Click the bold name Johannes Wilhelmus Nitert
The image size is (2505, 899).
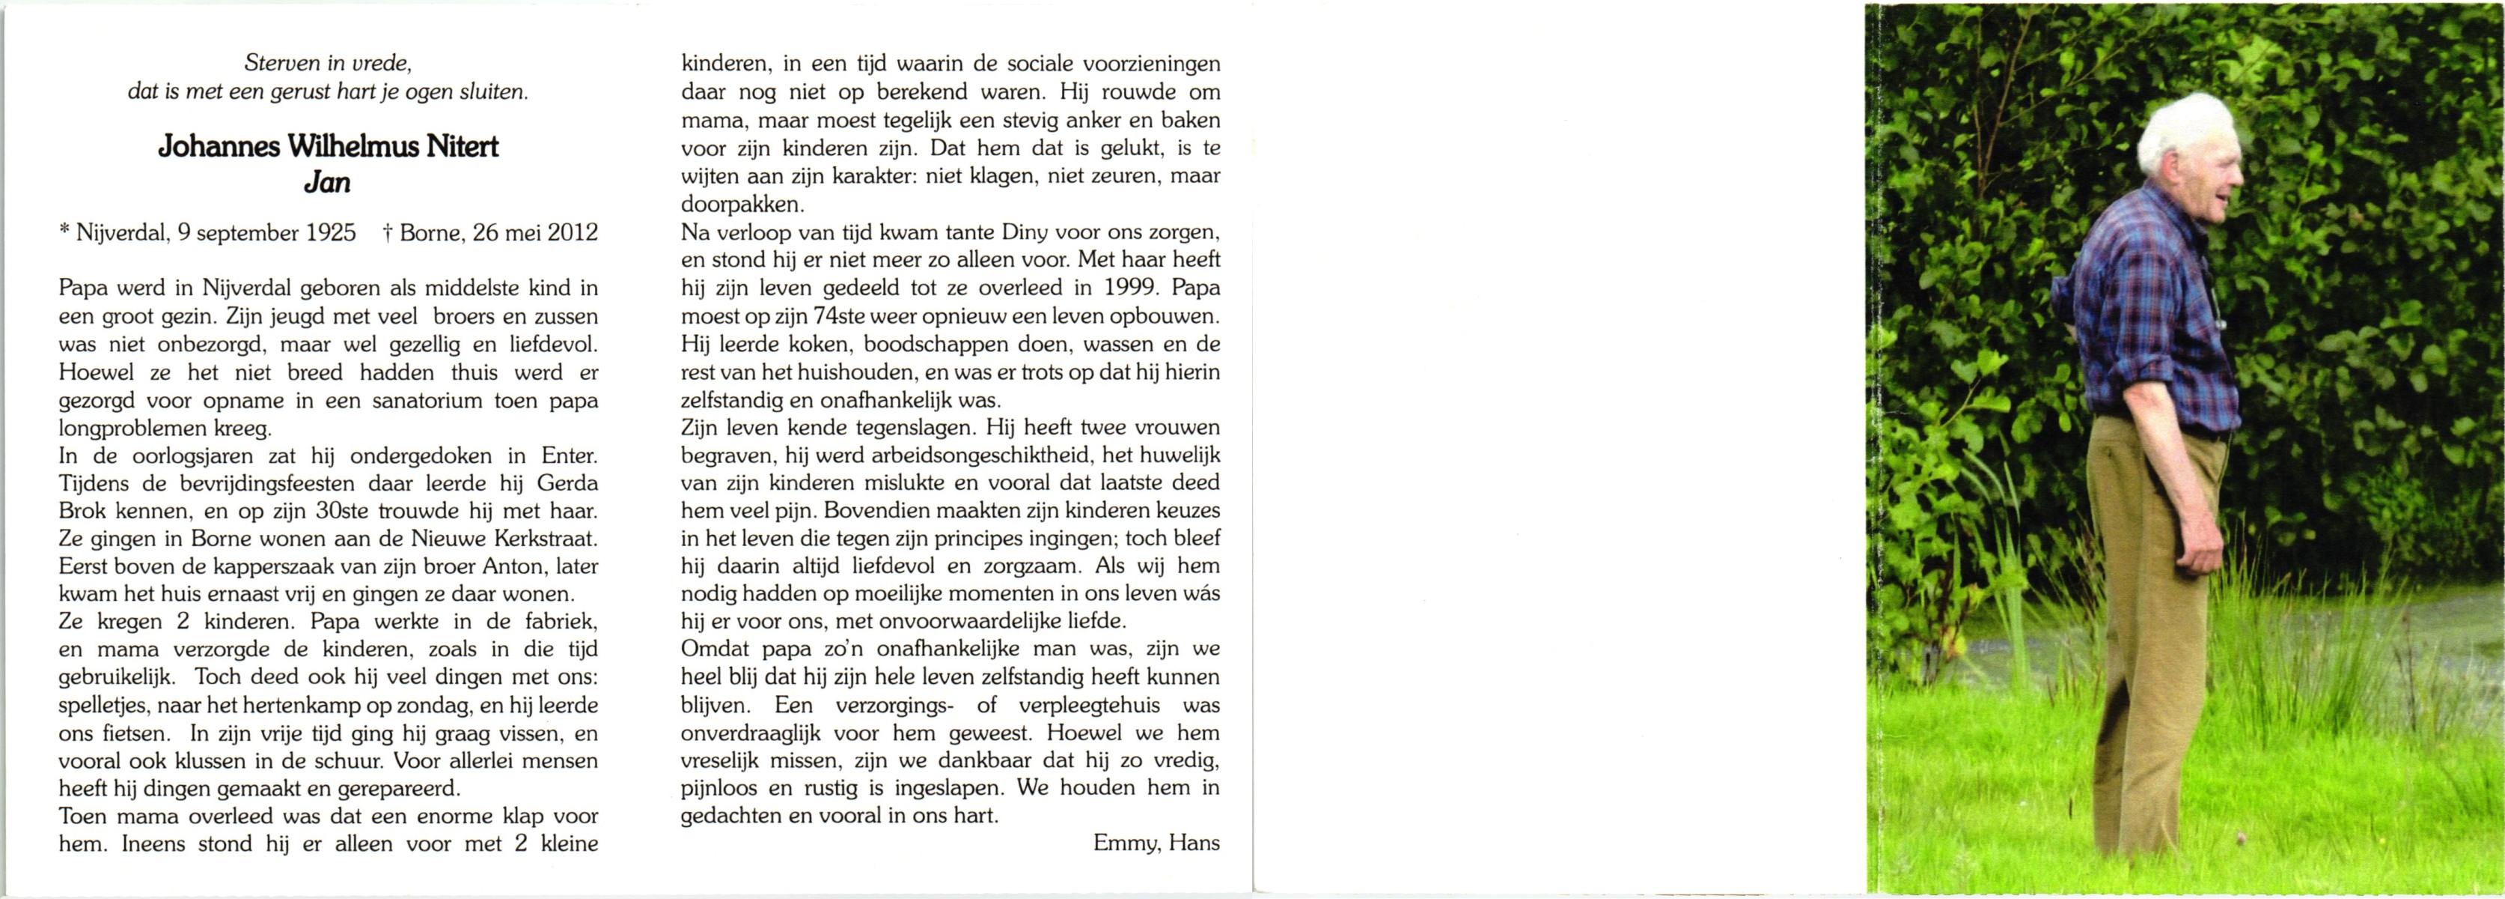pos(328,147)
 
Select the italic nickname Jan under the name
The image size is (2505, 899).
pos(328,183)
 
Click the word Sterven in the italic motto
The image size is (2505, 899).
pos(280,64)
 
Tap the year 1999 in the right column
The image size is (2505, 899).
pos(1131,288)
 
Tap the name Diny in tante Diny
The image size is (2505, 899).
pos(984,232)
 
